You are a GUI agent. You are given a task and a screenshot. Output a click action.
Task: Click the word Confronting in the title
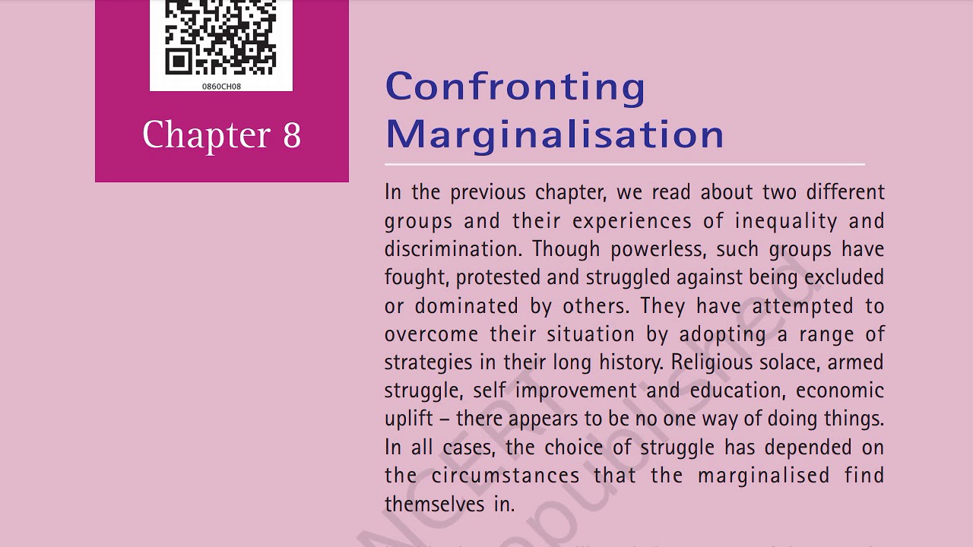515,87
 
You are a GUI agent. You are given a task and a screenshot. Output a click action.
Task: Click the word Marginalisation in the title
554,134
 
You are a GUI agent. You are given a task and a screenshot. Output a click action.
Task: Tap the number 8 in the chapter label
292,135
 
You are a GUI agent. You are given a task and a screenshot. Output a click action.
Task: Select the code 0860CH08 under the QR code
221,87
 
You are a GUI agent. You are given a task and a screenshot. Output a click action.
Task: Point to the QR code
221,37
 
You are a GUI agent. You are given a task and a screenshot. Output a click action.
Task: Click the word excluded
844,277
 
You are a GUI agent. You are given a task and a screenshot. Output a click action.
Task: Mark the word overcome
431,334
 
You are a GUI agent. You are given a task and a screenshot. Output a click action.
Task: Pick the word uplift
408,419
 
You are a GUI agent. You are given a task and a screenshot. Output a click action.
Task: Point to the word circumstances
506,476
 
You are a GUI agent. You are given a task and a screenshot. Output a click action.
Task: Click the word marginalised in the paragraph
763,476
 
